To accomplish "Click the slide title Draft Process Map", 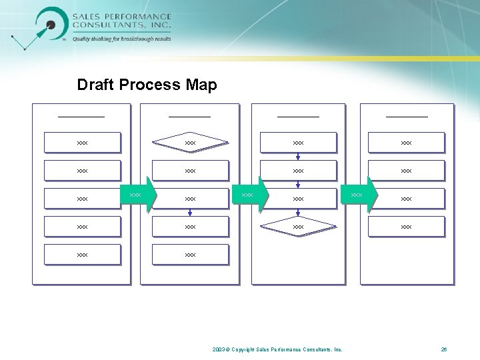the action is point(147,85).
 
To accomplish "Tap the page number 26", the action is point(444,349).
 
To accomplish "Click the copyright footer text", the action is point(277,349).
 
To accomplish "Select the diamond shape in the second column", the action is point(190,142).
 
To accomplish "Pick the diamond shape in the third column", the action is point(298,227).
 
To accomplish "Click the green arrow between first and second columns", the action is point(139,195).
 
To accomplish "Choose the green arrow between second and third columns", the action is point(251,195).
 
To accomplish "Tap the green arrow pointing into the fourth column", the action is point(360,195).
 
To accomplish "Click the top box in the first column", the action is point(82,143).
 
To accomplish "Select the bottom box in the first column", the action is point(82,255).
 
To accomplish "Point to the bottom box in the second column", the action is point(190,255).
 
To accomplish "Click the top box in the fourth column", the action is point(406,143).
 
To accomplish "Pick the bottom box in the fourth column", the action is point(406,227).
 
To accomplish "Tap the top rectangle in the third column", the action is point(298,143).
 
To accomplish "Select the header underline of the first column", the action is point(81,117).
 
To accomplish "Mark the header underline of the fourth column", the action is point(407,117).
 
